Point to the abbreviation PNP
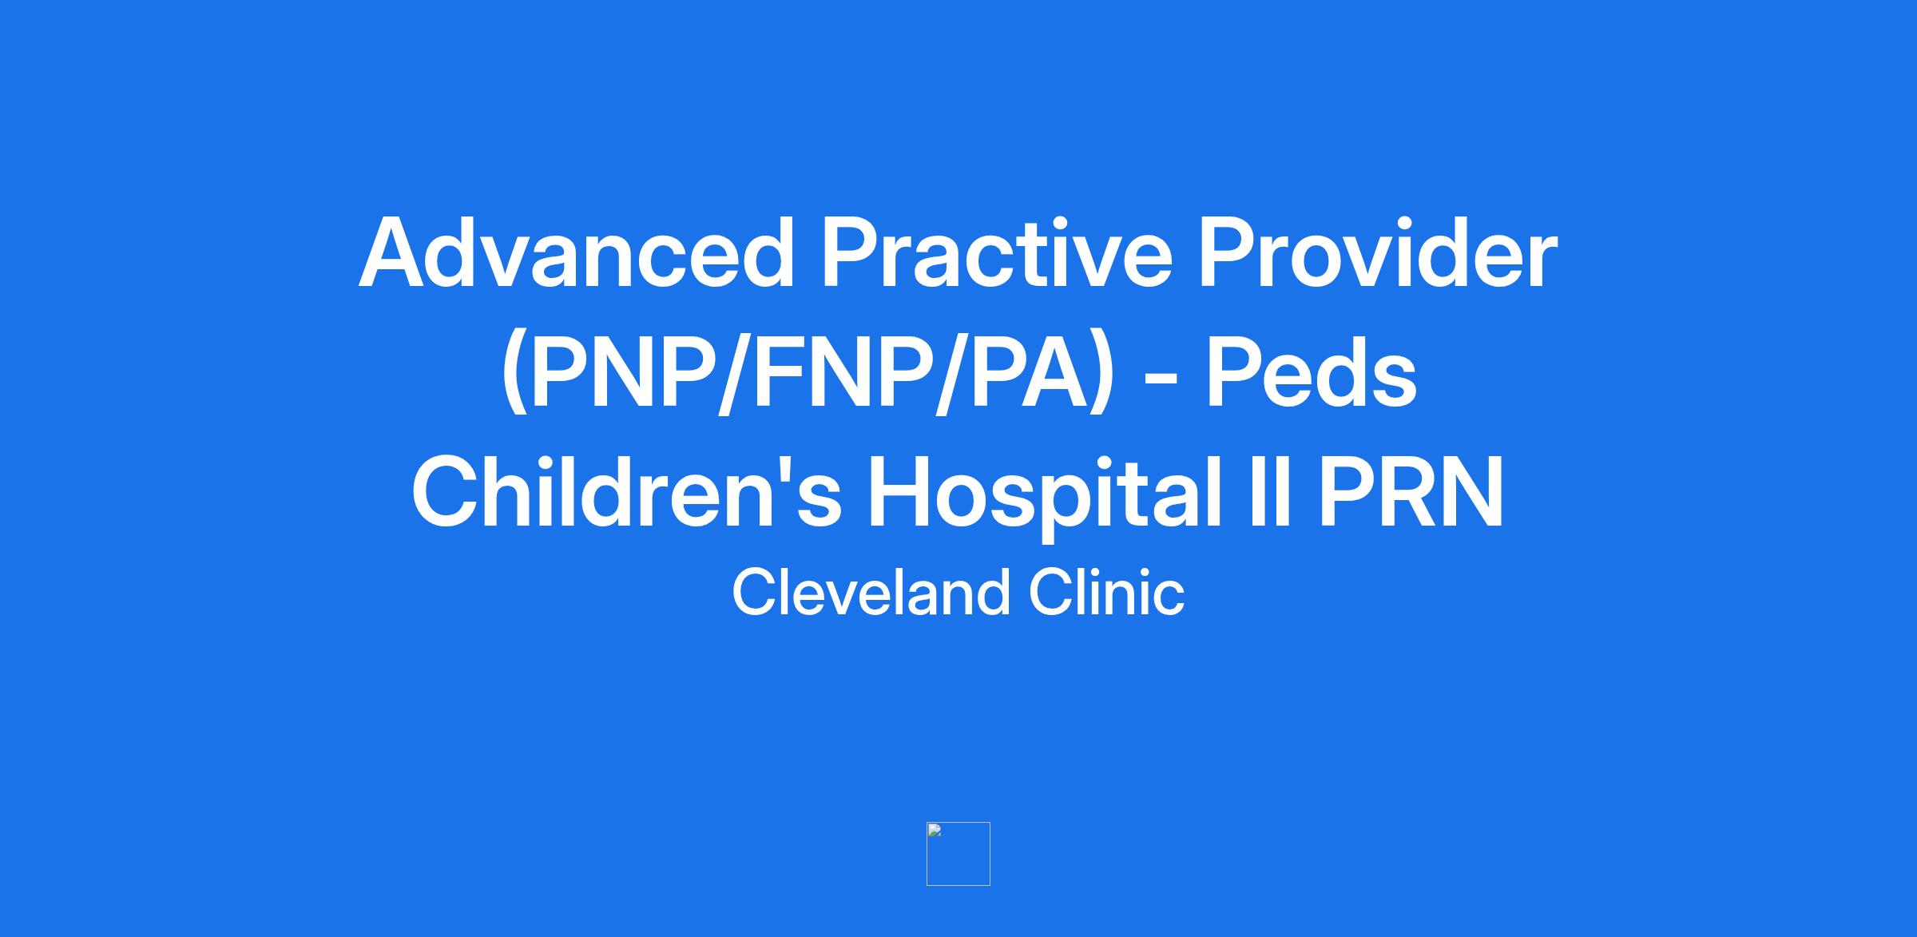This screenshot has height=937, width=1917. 622,372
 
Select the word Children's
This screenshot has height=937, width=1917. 626,490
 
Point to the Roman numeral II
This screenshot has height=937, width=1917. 1270,490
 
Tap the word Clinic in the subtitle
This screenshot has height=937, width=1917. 1107,593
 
